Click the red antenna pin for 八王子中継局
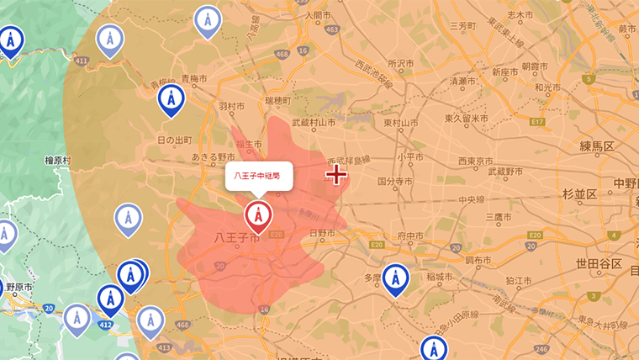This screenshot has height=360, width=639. point(258,216)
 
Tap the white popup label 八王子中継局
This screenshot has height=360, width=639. point(257,177)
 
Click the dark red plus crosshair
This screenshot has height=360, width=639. point(336,174)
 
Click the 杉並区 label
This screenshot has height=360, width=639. point(579,194)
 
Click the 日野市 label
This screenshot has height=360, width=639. point(323,232)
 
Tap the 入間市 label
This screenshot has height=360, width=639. point(319,15)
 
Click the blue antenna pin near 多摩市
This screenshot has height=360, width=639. point(395,278)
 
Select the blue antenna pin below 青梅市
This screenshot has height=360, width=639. point(172,99)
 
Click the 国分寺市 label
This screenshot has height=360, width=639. point(395,181)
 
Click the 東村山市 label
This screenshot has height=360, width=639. point(401,123)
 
